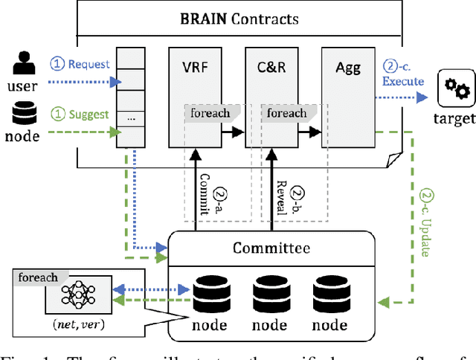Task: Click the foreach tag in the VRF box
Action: coord(212,113)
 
